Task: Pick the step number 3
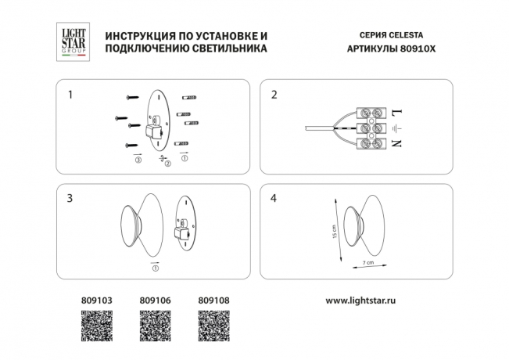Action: coord(71,199)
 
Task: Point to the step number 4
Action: coord(274,199)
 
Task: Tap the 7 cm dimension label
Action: coord(368,263)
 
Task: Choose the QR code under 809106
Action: coord(154,326)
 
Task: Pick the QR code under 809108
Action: coord(213,326)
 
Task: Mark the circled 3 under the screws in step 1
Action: coord(138,160)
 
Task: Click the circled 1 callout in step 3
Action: coord(155,269)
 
